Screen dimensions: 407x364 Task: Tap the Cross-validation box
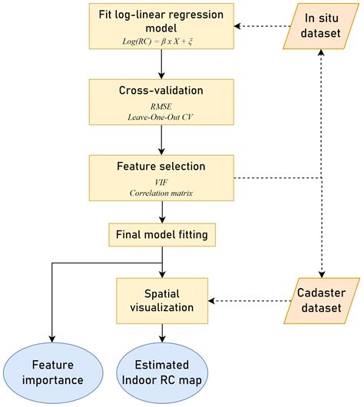click(162, 101)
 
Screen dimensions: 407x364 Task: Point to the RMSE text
click(162, 108)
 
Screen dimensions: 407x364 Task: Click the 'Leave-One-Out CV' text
click(162, 119)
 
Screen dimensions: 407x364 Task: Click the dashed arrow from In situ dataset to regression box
click(253, 27)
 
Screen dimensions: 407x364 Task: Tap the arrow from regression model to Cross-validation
click(162, 68)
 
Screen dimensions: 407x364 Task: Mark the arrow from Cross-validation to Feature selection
click(162, 141)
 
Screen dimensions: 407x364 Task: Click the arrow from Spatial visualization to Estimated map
click(162, 331)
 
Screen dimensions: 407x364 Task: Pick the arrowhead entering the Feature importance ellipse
click(51, 339)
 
